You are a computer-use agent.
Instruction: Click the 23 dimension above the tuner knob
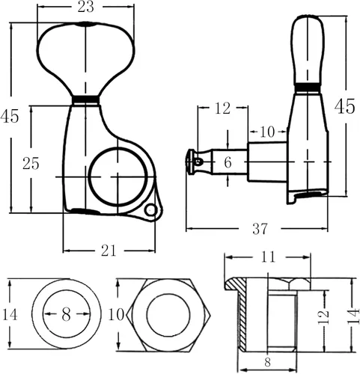pos(85,7)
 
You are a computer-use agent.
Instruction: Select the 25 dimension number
pos(31,164)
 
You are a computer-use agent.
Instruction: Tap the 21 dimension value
pos(109,251)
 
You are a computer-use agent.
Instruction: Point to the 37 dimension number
pos(260,229)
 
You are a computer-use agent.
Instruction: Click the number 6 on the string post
pos(228,162)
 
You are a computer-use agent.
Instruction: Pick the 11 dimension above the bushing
pos(268,257)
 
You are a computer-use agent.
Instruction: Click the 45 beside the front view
pos(10,116)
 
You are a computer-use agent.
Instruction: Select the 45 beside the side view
pos(344,106)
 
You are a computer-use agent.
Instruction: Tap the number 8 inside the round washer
pos(66,315)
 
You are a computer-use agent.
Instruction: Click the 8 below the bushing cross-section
pos(267,362)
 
